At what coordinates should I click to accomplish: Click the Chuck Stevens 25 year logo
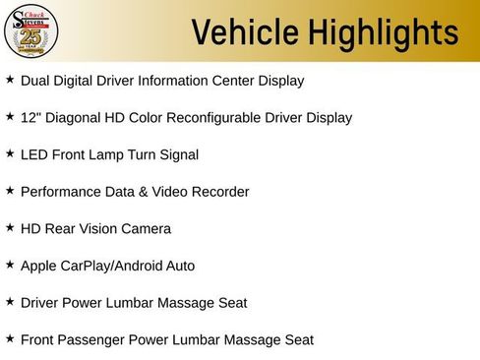click(30, 31)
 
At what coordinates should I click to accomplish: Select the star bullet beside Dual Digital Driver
click(10, 80)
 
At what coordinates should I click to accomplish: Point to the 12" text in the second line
click(30, 117)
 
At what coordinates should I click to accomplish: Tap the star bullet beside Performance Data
click(10, 191)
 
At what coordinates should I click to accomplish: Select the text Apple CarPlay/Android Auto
click(107, 266)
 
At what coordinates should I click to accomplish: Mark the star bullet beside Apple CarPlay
click(10, 265)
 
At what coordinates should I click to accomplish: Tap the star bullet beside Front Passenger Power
click(10, 338)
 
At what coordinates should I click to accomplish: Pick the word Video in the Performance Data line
click(173, 192)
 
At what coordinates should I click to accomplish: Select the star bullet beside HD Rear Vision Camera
click(10, 227)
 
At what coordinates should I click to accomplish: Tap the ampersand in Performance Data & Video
click(146, 192)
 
